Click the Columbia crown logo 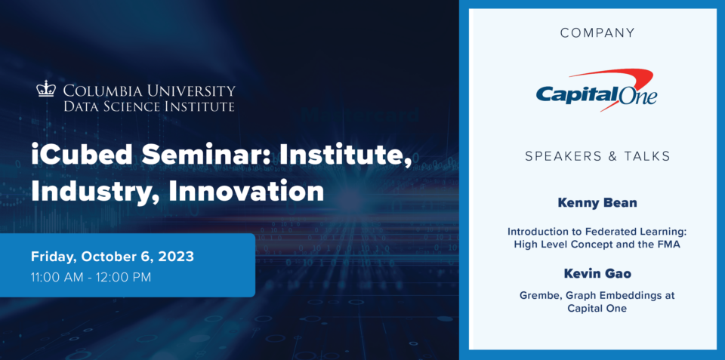click(46, 88)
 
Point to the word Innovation click(246, 190)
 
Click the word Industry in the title click(96, 192)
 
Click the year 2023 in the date click(176, 256)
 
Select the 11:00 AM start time click(56, 278)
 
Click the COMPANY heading click(597, 32)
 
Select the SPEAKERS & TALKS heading click(597, 156)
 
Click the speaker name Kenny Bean click(597, 203)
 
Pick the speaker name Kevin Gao click(597, 274)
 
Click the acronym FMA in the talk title click(669, 245)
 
